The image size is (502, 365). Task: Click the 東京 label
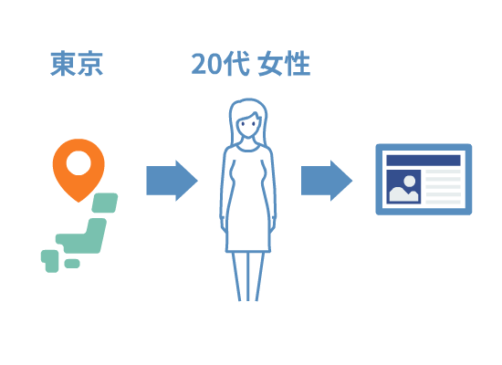(x=77, y=63)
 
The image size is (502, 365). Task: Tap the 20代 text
(x=220, y=64)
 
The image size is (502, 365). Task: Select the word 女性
(x=284, y=64)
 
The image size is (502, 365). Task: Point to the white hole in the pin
(x=78, y=163)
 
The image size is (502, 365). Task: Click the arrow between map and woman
(x=172, y=181)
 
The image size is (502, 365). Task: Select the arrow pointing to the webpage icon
(x=327, y=181)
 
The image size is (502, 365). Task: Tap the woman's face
(x=246, y=127)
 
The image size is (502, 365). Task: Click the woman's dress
(x=247, y=199)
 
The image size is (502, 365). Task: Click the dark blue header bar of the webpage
(x=424, y=160)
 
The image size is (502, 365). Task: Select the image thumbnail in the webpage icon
(x=403, y=187)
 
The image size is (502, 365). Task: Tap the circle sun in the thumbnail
(x=410, y=182)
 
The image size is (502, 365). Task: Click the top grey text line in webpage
(x=443, y=172)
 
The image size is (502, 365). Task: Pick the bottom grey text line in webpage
(x=443, y=202)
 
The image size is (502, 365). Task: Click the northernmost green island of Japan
(x=105, y=203)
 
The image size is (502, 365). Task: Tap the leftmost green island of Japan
(x=50, y=261)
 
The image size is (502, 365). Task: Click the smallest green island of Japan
(x=72, y=264)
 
